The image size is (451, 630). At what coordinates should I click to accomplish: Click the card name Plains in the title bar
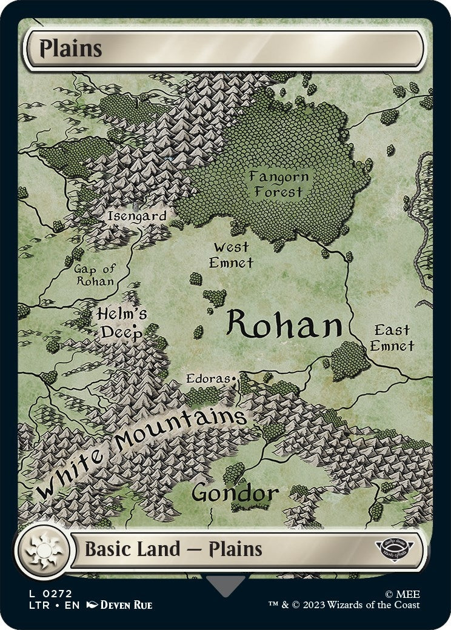[71, 49]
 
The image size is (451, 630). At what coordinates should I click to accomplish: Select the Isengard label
[136, 215]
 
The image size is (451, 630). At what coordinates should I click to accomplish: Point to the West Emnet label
[230, 255]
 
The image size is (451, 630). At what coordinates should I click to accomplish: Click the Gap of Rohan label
[95, 275]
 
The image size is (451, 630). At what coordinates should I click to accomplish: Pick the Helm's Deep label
[122, 323]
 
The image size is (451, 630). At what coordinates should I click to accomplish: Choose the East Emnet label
[392, 338]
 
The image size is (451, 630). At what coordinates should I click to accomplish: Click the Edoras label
[208, 379]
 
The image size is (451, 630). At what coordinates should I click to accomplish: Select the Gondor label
[235, 493]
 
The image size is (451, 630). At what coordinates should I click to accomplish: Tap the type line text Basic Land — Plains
[173, 549]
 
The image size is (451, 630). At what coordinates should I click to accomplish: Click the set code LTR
[36, 605]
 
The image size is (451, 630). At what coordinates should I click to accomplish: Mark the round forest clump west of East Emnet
[350, 360]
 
